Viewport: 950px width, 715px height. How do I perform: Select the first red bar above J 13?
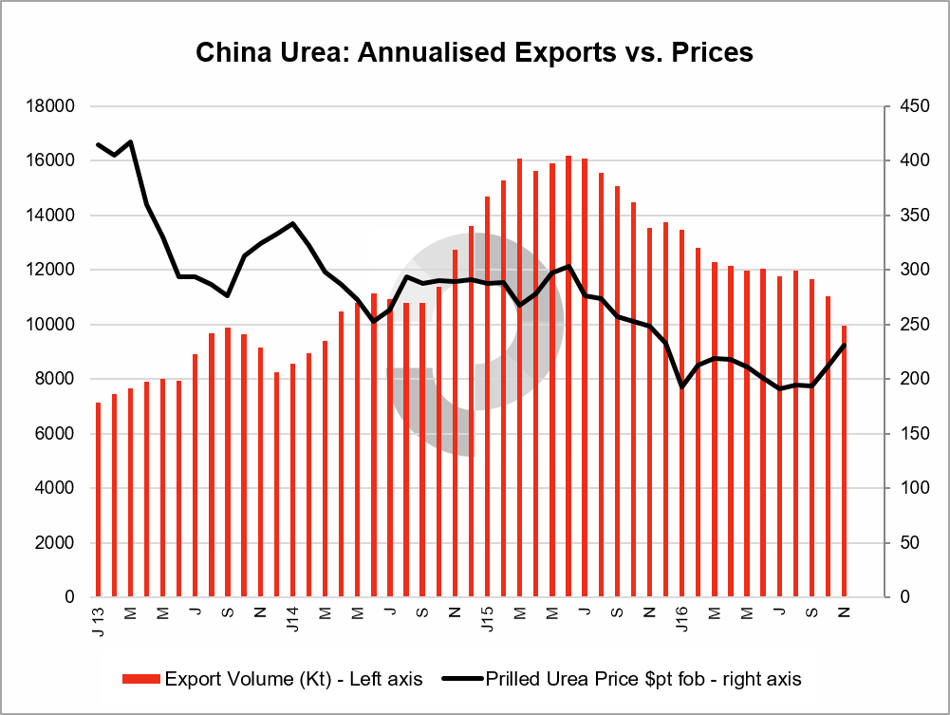pos(98,503)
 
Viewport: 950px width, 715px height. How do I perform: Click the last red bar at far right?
pos(844,465)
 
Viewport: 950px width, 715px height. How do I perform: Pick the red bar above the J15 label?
pos(487,399)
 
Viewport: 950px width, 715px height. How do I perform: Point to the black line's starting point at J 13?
pos(98,144)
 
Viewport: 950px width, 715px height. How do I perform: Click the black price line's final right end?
pos(844,345)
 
